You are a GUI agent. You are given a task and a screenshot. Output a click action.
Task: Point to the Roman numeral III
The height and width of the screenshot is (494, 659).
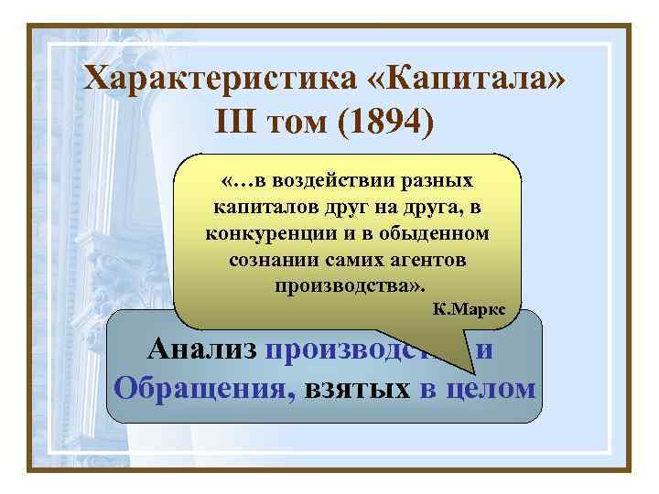pyautogui.click(x=238, y=121)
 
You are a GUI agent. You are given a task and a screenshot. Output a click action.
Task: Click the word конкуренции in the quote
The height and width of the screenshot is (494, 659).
pyautogui.click(x=267, y=233)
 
